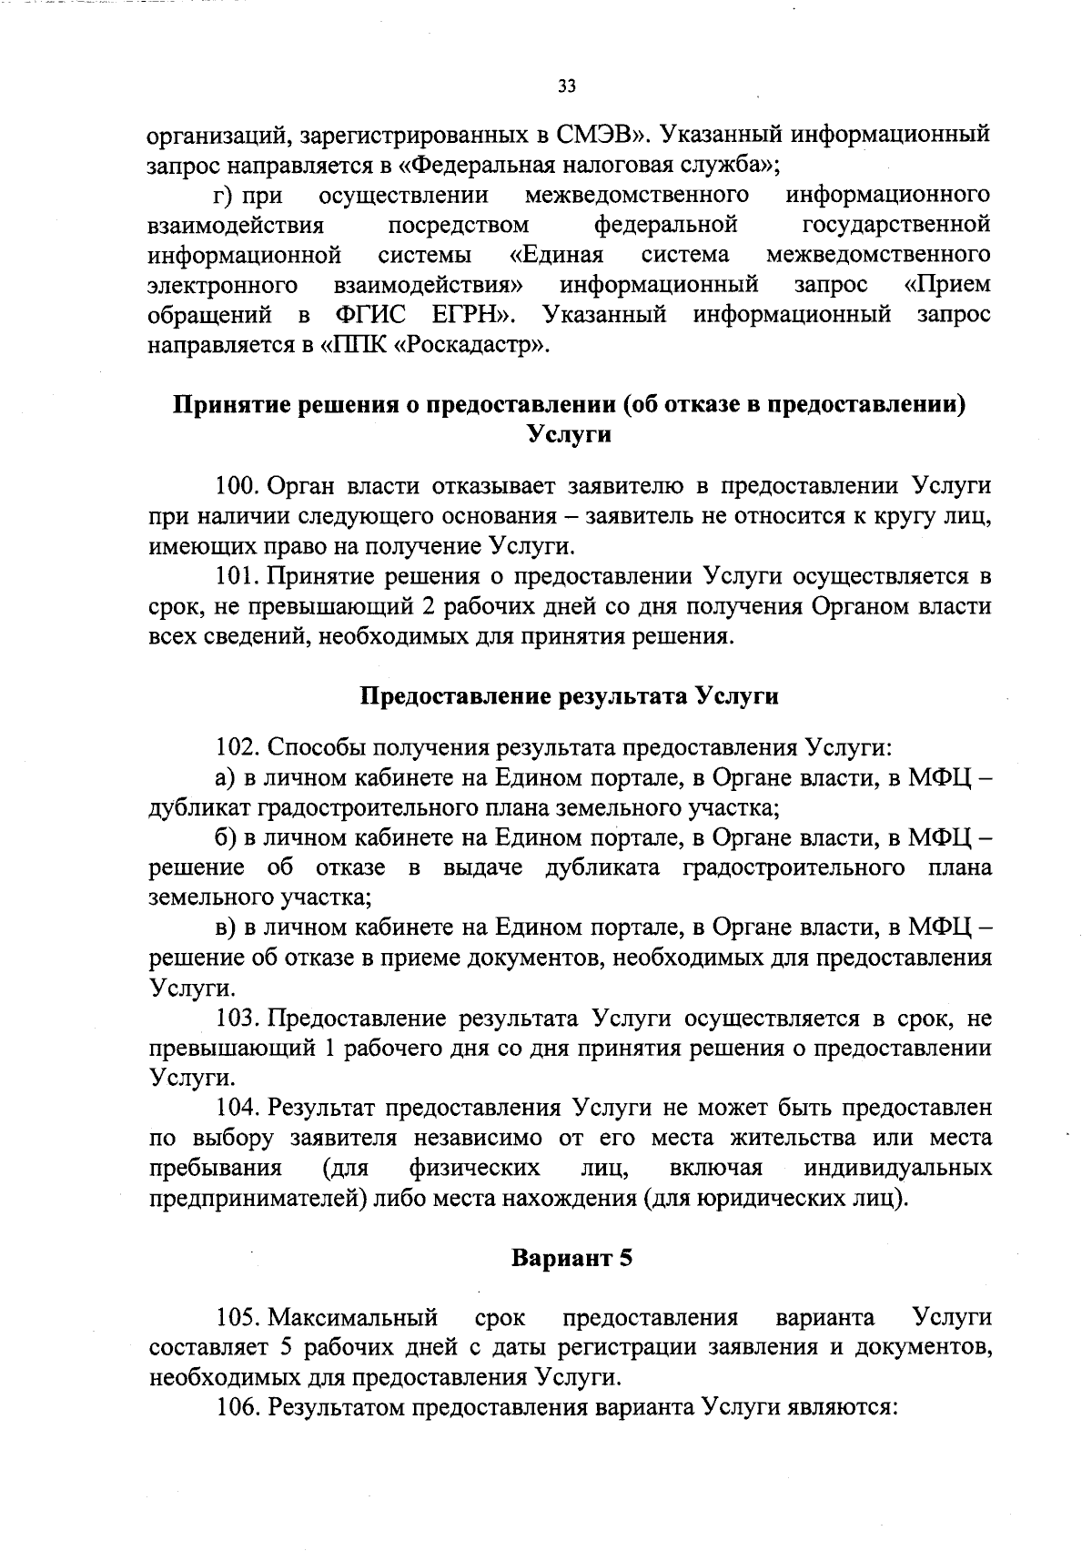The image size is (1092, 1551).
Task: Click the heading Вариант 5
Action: (571, 1259)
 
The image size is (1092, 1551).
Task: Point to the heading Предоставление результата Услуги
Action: (570, 696)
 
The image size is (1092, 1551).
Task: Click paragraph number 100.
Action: (238, 486)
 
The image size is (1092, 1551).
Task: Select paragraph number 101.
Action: (238, 576)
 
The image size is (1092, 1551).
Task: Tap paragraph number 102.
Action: (238, 748)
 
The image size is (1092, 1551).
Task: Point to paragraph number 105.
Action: (238, 1317)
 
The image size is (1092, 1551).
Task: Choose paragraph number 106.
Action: (238, 1407)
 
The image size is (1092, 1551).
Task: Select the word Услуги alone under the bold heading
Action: (570, 434)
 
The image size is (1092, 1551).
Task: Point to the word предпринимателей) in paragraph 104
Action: (259, 1198)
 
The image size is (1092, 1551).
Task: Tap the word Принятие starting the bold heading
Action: (227, 404)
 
